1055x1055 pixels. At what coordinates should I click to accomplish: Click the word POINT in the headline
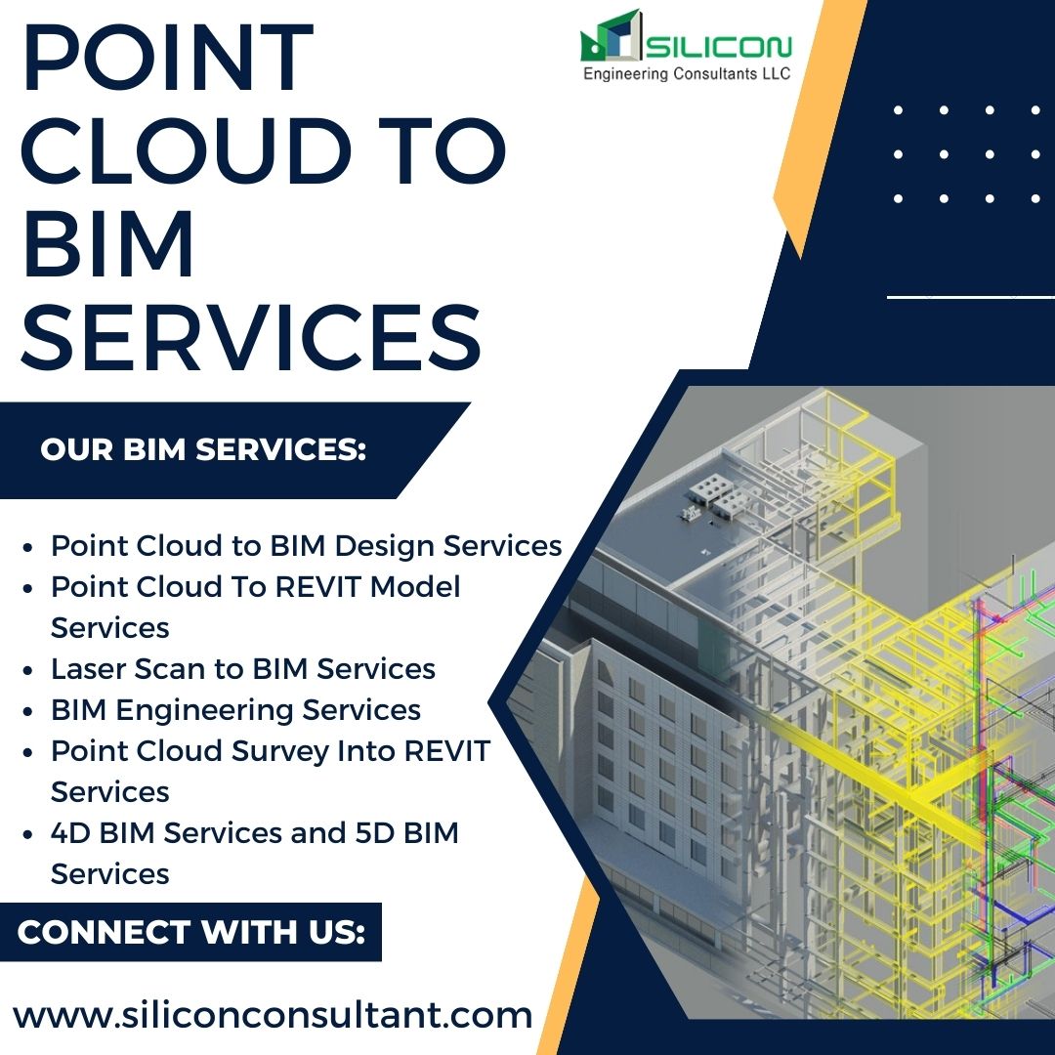tap(167, 61)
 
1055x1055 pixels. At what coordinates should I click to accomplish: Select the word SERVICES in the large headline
tap(251, 335)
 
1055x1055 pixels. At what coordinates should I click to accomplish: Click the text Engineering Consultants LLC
tap(687, 74)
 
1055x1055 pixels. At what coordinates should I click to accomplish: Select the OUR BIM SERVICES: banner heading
tap(203, 450)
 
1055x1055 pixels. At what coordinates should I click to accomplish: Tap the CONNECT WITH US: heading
tap(191, 932)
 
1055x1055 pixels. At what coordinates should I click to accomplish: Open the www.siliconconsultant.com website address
tap(273, 1015)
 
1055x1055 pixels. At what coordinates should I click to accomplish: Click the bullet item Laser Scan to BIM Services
tap(243, 668)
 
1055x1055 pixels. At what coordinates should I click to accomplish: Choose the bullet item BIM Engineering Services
tap(236, 709)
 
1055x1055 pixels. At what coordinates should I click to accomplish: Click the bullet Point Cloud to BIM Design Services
tap(306, 545)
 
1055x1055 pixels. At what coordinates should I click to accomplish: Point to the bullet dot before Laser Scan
tap(29, 669)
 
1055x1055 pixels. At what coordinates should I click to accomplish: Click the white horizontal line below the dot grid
tap(969, 295)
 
